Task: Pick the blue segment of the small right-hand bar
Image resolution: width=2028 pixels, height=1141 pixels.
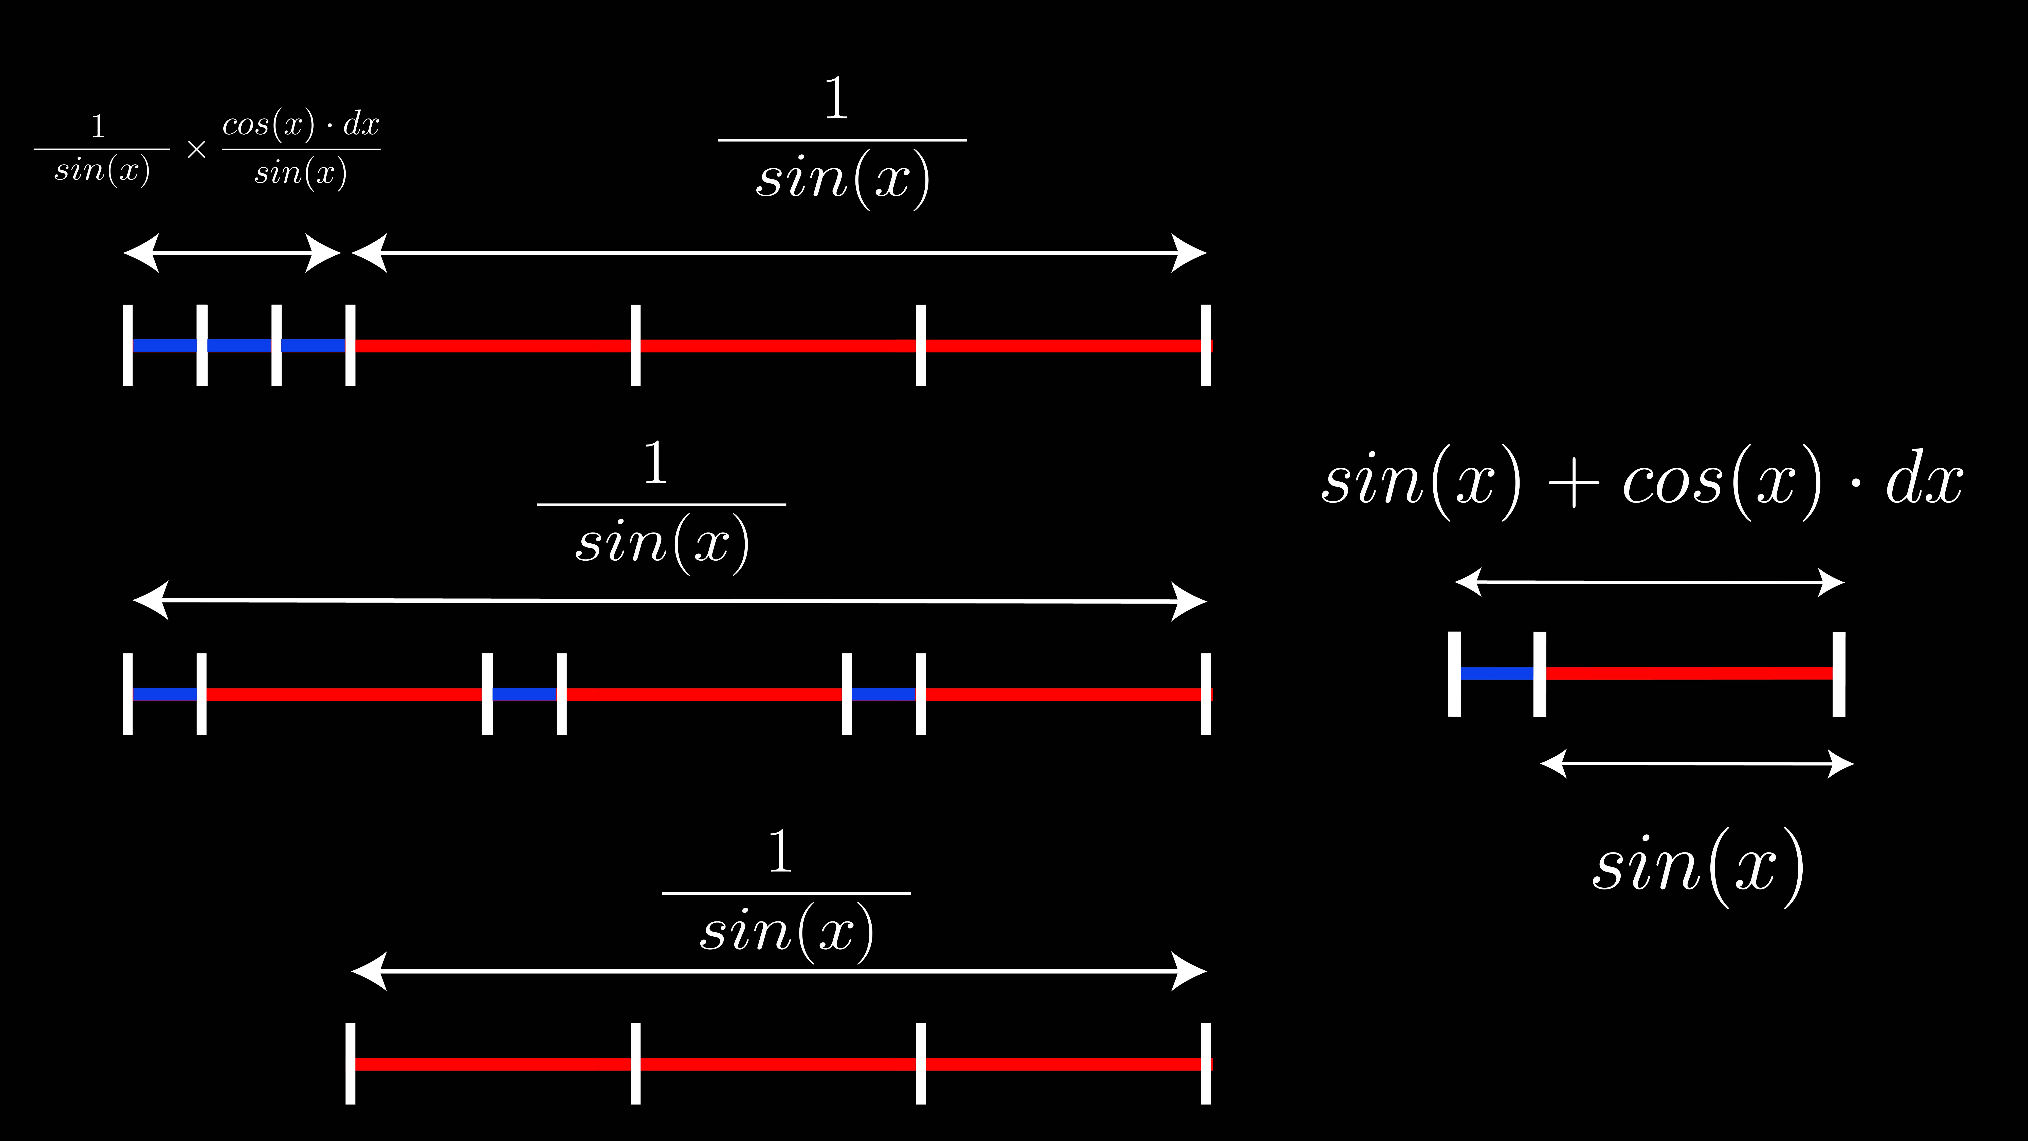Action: (x=1497, y=673)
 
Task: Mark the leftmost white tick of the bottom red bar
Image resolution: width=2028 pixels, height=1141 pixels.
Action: (x=350, y=1064)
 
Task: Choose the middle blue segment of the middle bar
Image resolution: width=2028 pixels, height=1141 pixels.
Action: (x=524, y=694)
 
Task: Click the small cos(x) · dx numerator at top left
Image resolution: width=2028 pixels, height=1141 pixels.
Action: (x=301, y=124)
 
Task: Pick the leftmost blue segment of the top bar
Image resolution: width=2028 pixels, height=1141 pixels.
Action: (x=165, y=346)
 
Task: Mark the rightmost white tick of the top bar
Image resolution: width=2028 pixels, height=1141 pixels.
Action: (x=1205, y=346)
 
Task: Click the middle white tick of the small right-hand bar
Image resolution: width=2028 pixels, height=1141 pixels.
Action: (x=1540, y=674)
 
